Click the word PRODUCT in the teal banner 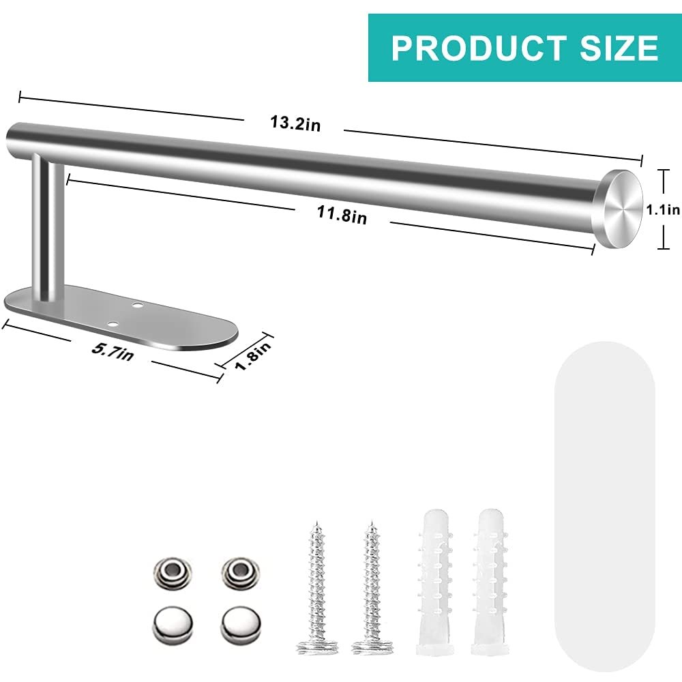479,48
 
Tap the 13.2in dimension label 295,123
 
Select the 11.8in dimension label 342,214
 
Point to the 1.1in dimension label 663,209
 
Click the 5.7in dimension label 113,351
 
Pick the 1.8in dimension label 254,355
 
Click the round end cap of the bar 621,209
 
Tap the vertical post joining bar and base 48,227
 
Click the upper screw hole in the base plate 138,306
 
